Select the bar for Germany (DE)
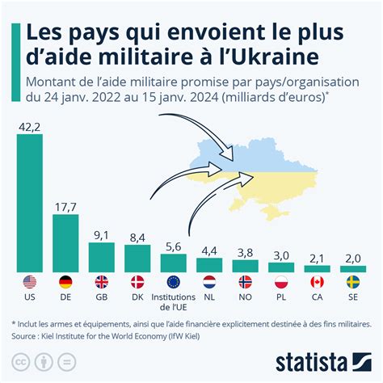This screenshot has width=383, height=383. click(x=65, y=242)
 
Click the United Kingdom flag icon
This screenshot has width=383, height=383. click(x=101, y=283)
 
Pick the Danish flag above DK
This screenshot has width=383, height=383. click(x=137, y=283)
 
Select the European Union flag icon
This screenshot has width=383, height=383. click(x=173, y=283)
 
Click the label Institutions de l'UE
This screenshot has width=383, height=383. click(x=173, y=302)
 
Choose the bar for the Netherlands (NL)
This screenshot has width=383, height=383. click(x=209, y=264)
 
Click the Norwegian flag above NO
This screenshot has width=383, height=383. click(x=245, y=283)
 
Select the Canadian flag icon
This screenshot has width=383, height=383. click(x=317, y=283)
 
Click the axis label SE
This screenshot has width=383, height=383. click(x=353, y=297)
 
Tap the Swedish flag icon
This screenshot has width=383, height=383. click(x=353, y=283)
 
